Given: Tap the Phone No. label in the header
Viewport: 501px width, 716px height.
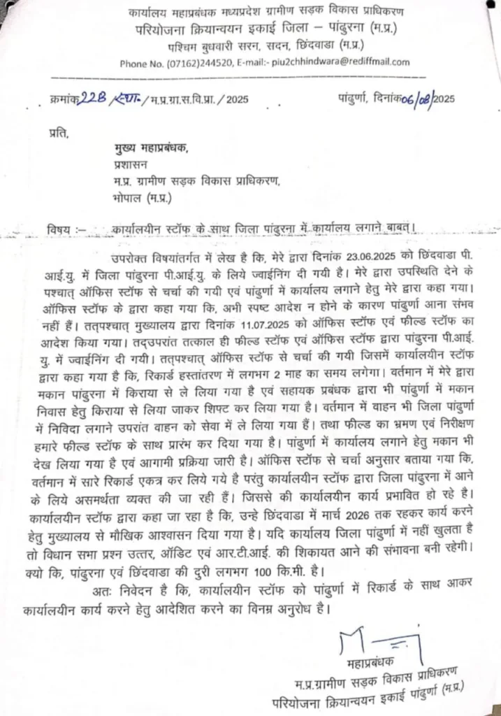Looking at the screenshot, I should point(143,63).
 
